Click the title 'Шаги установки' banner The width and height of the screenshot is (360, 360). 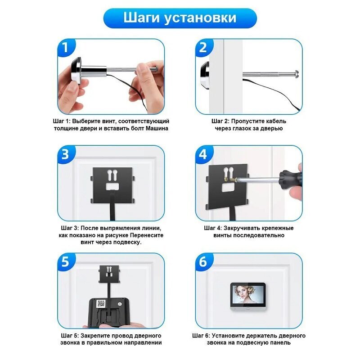[x=180, y=18]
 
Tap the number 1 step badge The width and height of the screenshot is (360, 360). [x=66, y=48]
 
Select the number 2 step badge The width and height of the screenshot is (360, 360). [x=203, y=48]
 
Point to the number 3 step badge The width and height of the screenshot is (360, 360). [x=66, y=154]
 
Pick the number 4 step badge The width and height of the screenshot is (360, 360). [x=203, y=154]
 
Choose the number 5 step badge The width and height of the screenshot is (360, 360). [x=66, y=262]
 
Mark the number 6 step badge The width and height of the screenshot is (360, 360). [x=203, y=262]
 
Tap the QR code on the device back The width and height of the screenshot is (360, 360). [x=101, y=303]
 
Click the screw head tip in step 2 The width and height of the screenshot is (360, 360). [x=297, y=74]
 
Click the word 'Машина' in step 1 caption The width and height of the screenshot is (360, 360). [x=157, y=128]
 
